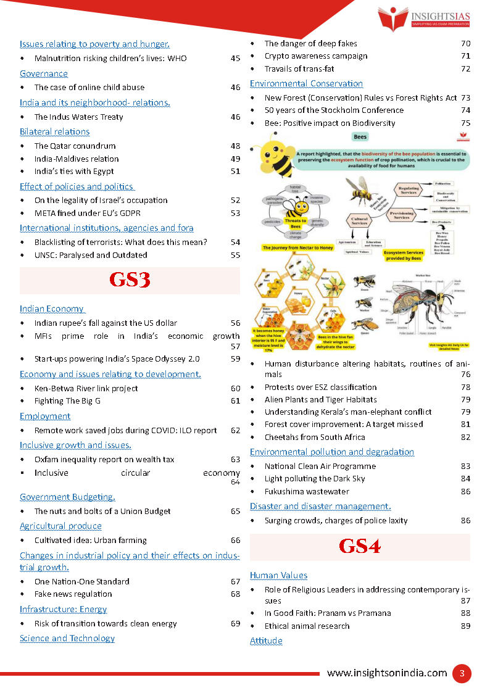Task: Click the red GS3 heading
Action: pyautogui.click(x=130, y=281)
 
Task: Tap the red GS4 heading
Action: pyautogui.click(x=360, y=547)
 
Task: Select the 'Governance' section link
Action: pyautogui.click(x=43, y=73)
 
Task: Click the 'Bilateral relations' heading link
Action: pyautogui.click(x=54, y=131)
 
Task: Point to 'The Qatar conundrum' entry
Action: pyautogui.click(x=75, y=146)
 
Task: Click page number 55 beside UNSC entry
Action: pyautogui.click(x=235, y=255)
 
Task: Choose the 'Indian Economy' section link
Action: pyautogui.click(x=52, y=309)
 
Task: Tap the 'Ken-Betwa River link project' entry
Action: pyautogui.click(x=86, y=388)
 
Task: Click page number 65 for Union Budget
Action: pyautogui.click(x=235, y=511)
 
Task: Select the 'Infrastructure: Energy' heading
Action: pyautogui.click(x=63, y=609)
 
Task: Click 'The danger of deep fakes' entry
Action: pyautogui.click(x=310, y=43)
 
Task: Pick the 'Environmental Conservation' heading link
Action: pyautogui.click(x=306, y=83)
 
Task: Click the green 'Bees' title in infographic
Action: pyautogui.click(x=360, y=136)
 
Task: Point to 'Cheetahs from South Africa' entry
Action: pyautogui.click(x=315, y=437)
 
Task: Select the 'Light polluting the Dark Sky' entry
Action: pyautogui.click(x=315, y=478)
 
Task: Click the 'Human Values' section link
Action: pyautogui.click(x=278, y=575)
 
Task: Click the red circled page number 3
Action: pyautogui.click(x=461, y=673)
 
